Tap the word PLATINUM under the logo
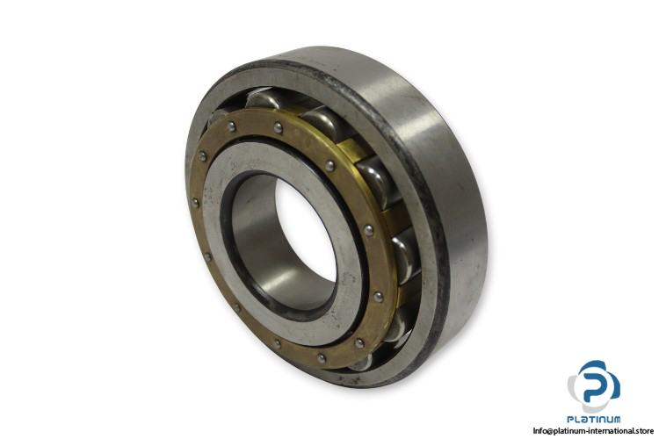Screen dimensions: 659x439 593,419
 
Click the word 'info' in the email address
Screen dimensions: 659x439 539,430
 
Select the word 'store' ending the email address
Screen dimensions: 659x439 644,430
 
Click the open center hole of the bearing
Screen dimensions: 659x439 306,230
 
